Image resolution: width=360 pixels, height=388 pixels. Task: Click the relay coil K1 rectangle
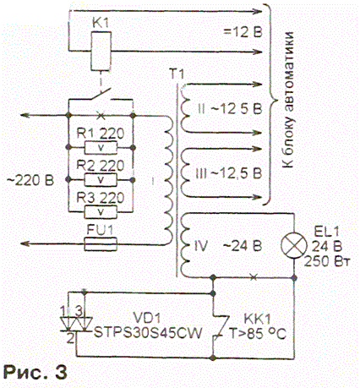101,52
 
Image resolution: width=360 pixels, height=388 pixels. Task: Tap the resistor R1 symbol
101,148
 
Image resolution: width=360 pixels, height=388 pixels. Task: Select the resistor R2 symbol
101,180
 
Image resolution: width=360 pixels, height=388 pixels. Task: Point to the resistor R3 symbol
101,212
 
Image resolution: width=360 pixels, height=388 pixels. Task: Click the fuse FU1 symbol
101,243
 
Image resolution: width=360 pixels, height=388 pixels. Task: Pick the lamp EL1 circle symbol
294,245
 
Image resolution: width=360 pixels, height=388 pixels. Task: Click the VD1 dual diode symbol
76,324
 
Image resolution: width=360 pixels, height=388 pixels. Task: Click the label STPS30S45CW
148,333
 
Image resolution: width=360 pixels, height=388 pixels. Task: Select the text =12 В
243,32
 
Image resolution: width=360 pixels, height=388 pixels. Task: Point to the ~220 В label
30,180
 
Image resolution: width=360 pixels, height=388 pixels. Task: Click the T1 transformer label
177,74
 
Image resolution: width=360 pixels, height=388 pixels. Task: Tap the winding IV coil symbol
184,246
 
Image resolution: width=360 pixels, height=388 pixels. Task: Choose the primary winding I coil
168,180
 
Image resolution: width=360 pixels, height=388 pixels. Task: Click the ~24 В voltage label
243,246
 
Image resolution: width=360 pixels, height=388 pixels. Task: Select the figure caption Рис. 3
35,372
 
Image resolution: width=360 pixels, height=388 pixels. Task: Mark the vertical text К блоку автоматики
288,100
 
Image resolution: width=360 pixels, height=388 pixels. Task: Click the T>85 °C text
258,333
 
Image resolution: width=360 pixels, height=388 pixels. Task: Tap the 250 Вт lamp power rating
327,261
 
